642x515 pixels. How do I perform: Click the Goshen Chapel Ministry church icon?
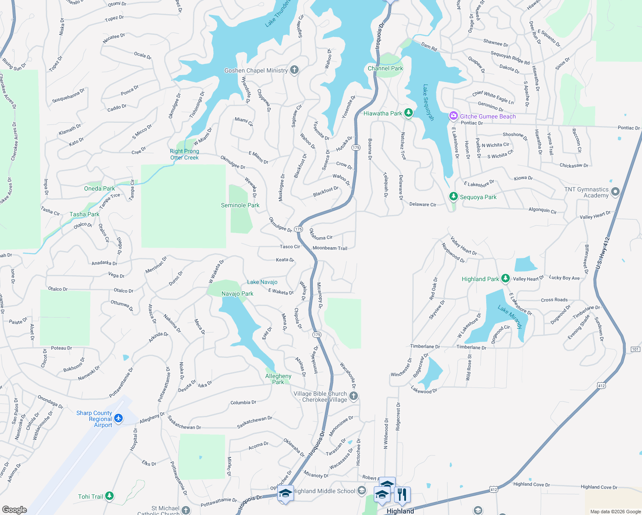(294, 70)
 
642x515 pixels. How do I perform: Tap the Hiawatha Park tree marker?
(409, 113)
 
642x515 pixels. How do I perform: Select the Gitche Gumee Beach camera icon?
(454, 116)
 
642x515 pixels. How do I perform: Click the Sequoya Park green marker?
(453, 197)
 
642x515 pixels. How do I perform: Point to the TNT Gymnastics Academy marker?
(615, 192)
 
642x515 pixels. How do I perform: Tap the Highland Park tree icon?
(506, 279)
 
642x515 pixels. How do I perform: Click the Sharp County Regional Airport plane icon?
(118, 418)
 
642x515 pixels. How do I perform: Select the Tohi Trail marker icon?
(109, 497)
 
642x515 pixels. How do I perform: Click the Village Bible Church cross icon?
(353, 396)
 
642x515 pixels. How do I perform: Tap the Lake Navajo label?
(262, 282)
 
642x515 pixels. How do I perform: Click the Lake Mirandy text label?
(510, 317)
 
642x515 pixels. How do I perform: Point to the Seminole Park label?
(240, 206)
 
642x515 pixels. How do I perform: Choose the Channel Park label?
(385, 68)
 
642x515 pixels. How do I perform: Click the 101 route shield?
(636, 349)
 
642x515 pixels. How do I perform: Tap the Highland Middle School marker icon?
(362, 491)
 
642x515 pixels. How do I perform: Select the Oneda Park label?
(100, 188)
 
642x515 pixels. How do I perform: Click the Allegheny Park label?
(278, 379)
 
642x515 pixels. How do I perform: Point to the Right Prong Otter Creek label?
(185, 154)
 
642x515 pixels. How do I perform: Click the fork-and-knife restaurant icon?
(402, 494)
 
